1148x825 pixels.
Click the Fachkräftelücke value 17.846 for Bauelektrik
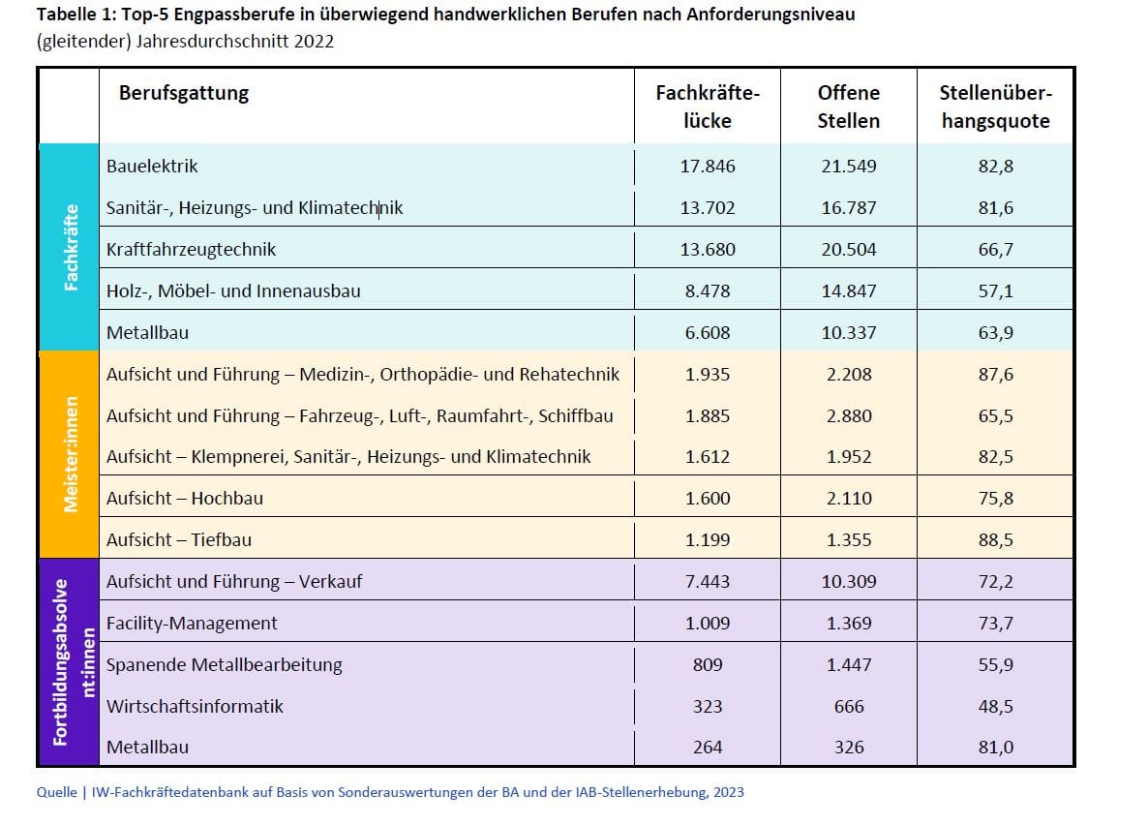[708, 167]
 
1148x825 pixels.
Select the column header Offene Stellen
[849, 107]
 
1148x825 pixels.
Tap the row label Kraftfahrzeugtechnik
[191, 250]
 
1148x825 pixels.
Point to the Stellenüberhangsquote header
[995, 107]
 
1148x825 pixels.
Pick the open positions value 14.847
[849, 291]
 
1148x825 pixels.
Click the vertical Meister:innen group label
[70, 454]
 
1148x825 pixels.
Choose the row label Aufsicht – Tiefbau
[178, 540]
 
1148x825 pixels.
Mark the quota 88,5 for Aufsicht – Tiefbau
[995, 540]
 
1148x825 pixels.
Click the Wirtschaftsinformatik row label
[195, 707]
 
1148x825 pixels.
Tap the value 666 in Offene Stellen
[849, 707]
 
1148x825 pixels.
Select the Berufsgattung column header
[184, 94]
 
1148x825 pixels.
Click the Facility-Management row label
[192, 624]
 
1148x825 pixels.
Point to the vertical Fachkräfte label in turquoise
[70, 248]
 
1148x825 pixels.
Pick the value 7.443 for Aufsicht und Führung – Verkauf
[708, 582]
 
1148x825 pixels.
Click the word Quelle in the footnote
[57, 793]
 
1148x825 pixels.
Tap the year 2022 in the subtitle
[308, 42]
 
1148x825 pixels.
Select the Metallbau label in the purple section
[147, 748]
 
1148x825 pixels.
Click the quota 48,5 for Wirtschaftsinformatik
[995, 707]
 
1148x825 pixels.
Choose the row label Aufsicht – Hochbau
[184, 499]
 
